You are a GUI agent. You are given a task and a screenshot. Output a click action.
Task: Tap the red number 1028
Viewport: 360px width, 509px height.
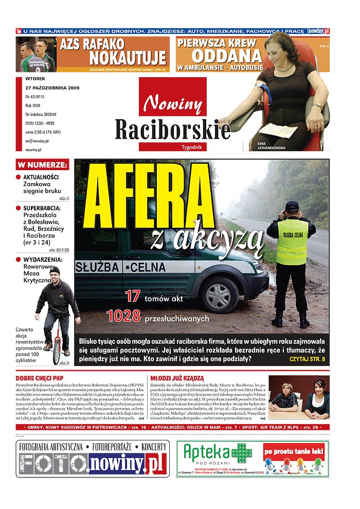point(123,316)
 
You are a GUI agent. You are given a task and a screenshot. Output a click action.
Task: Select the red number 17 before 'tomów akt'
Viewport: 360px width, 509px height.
point(132,296)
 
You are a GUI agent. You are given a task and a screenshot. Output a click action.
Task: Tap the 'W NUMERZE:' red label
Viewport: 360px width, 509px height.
point(42,165)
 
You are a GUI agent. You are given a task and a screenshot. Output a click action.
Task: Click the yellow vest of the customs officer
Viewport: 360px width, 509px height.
point(292,242)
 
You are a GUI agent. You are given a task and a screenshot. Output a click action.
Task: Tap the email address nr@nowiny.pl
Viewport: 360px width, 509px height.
point(37,140)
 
